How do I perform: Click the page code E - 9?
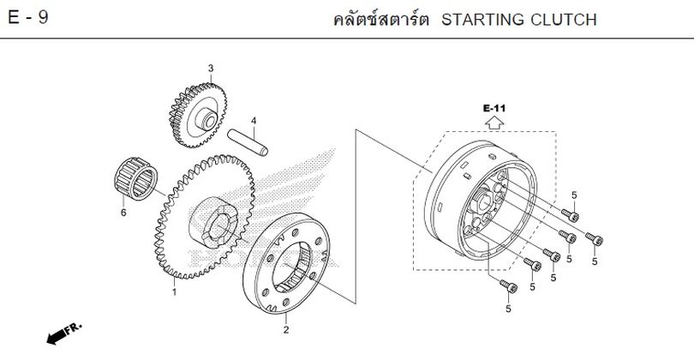28,18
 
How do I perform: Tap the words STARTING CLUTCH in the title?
519,20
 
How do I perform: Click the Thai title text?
381,20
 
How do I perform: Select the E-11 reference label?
494,108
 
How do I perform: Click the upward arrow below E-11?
494,123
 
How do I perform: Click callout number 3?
211,69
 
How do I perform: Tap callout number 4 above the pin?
254,121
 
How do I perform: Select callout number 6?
123,213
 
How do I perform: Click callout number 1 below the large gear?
175,292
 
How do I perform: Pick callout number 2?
286,329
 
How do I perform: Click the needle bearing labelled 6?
136,178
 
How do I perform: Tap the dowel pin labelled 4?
248,142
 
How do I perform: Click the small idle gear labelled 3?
198,115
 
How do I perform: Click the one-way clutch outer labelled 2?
286,263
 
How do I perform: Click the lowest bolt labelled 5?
509,286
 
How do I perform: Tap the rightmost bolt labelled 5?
594,238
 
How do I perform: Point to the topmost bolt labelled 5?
570,215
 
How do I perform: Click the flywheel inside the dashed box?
481,201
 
